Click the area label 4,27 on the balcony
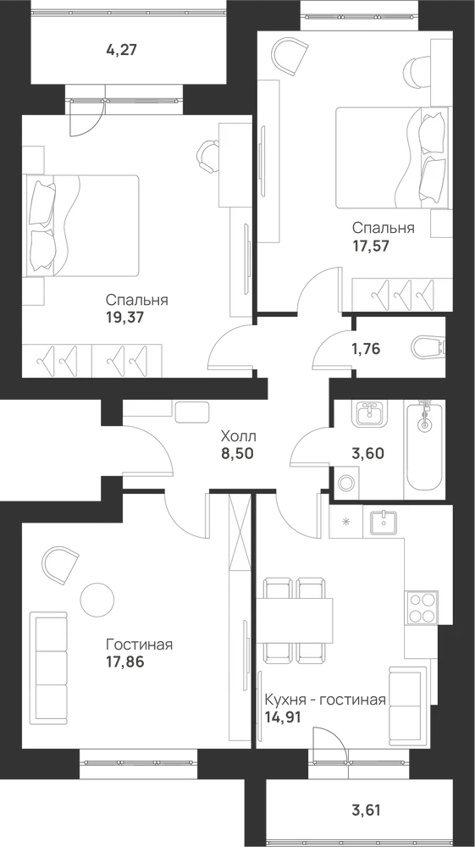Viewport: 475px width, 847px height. (123, 51)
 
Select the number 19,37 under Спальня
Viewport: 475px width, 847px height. (125, 317)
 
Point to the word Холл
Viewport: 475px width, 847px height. (238, 435)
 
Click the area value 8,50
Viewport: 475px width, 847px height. (237, 452)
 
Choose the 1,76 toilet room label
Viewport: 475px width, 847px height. (366, 349)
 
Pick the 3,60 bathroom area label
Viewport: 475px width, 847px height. (368, 453)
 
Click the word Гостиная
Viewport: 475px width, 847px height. (139, 645)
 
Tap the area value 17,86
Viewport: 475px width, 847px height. (125, 662)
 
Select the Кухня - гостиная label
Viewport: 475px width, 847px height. (325, 700)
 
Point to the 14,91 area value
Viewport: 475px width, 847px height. (282, 718)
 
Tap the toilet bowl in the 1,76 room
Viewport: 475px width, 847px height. (428, 347)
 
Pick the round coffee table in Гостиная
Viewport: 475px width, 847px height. (97, 599)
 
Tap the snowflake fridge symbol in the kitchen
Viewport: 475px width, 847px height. (346, 521)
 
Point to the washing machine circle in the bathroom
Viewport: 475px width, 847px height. (345, 483)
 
